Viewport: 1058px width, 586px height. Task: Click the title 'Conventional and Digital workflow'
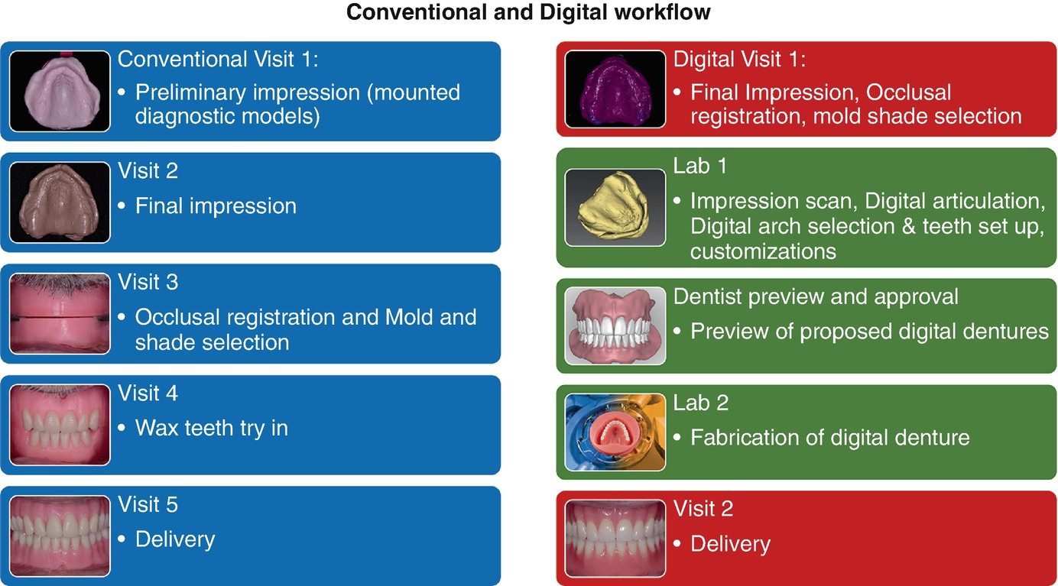point(528,13)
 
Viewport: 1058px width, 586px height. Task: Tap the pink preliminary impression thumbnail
point(60,91)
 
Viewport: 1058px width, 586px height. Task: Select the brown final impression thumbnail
point(60,202)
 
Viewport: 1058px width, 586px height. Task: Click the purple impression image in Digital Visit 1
point(615,89)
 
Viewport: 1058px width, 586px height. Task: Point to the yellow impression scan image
point(615,208)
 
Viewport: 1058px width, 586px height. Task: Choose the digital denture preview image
point(615,325)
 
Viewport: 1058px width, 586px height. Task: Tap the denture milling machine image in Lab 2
point(615,432)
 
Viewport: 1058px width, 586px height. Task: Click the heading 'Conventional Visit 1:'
point(218,59)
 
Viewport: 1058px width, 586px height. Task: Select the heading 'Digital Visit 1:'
point(739,59)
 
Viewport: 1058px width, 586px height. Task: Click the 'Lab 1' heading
point(700,166)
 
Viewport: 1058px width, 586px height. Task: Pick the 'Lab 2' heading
point(701,403)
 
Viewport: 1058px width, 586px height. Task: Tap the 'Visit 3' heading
point(148,282)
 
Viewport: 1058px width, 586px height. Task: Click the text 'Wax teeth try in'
point(212,429)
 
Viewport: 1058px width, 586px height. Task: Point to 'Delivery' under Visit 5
point(175,539)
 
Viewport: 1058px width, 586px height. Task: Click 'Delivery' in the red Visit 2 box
point(731,544)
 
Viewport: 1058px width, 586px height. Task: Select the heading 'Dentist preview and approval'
point(816,297)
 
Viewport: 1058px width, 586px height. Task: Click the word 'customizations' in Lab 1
point(763,251)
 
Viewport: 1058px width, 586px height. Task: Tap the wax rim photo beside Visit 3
point(60,313)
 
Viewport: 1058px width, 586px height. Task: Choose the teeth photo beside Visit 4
point(60,425)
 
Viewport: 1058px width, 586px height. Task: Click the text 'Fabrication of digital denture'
point(830,438)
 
